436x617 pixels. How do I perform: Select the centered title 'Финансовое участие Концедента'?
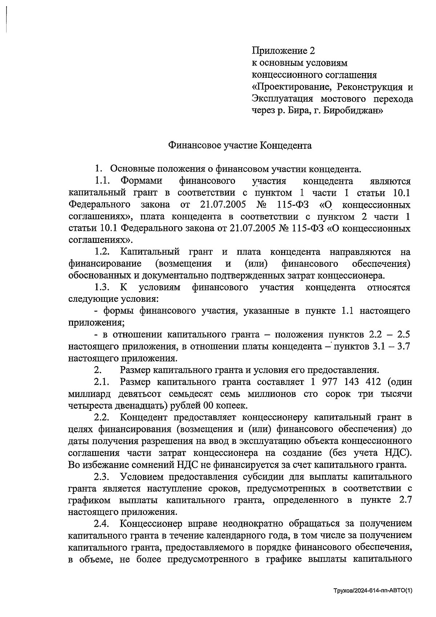click(240, 146)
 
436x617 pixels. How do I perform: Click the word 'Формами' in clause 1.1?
click(141, 181)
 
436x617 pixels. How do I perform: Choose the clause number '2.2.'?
click(102, 417)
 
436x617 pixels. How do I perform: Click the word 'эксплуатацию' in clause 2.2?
click(268, 441)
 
